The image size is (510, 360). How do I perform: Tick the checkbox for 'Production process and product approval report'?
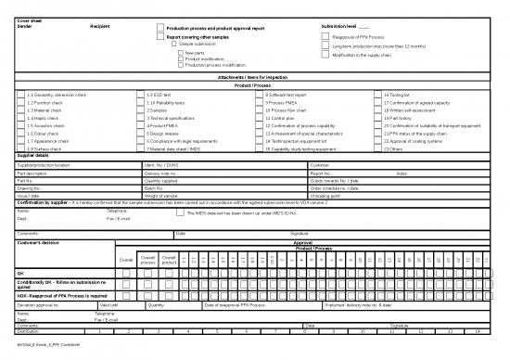point(160,28)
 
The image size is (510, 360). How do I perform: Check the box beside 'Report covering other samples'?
point(160,37)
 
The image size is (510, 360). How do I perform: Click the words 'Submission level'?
point(339,26)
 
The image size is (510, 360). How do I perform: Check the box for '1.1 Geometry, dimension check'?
point(22,95)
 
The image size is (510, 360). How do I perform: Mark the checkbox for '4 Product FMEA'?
point(141,124)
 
